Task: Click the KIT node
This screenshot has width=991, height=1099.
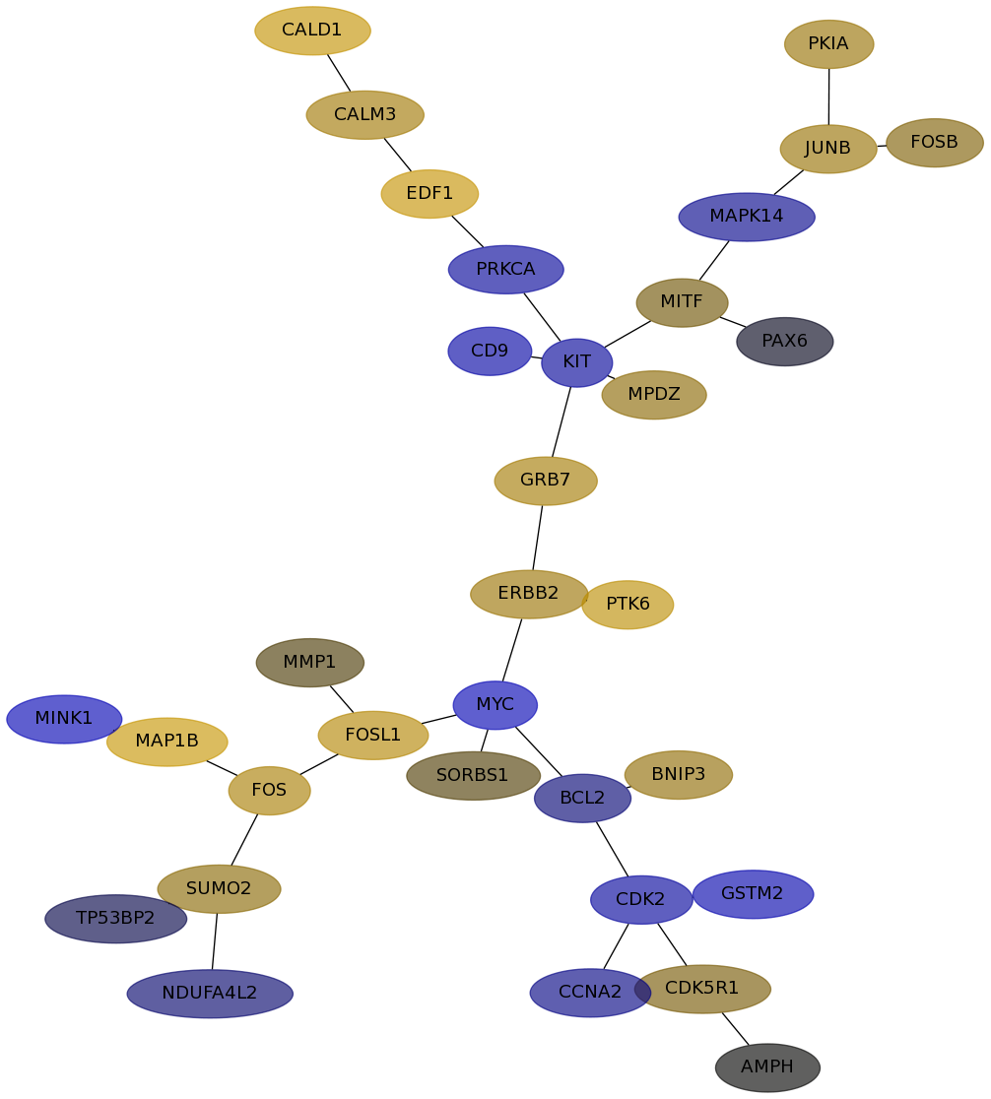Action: tap(576, 362)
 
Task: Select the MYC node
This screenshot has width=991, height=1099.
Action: tap(495, 705)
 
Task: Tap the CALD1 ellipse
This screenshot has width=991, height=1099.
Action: tap(312, 31)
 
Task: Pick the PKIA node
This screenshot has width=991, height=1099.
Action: tap(828, 44)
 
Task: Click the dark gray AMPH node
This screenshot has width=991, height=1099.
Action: tap(767, 1067)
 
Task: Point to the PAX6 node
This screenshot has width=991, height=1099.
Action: tap(785, 342)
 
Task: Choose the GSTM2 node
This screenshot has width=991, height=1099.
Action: tap(753, 894)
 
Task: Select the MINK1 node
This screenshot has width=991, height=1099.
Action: tap(64, 719)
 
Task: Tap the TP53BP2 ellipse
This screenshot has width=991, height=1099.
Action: tap(115, 919)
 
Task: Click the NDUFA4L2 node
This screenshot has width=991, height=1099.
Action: tap(210, 994)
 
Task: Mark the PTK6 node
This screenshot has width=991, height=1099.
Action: tap(628, 605)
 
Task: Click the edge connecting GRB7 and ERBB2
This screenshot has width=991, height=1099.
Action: tap(537, 538)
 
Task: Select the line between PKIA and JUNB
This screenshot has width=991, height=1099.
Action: tap(829, 97)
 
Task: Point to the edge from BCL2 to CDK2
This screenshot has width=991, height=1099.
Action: tap(613, 850)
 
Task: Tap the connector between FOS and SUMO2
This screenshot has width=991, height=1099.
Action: tap(244, 840)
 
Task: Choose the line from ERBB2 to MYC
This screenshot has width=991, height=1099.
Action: tap(512, 650)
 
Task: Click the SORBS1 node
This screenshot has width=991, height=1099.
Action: tap(474, 776)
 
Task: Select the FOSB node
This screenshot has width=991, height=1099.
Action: tap(934, 143)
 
